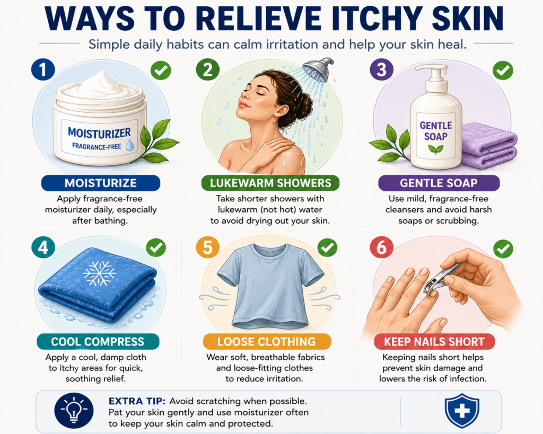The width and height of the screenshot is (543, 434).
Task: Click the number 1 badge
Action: [43, 69]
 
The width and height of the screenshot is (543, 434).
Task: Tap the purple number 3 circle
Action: [381, 69]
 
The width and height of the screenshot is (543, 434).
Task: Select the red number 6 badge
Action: [381, 247]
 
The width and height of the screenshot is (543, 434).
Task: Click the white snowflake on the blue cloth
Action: [99, 273]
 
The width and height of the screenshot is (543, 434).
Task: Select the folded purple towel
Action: [489, 145]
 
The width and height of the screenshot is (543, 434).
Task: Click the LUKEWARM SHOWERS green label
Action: [270, 183]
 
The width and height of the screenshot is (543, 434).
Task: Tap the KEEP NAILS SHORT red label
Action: [434, 342]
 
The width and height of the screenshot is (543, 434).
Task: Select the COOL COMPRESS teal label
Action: [98, 342]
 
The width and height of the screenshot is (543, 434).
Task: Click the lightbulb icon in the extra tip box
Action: [74, 411]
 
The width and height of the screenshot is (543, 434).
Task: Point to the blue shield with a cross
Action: [462, 411]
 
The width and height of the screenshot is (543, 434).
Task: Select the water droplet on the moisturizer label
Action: [130, 145]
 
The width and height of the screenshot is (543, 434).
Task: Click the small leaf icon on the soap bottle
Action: [435, 149]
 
